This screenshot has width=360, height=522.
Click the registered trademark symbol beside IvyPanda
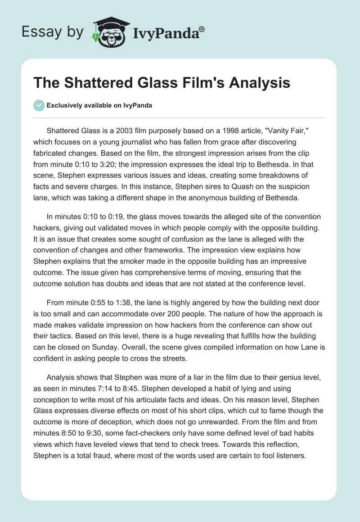pyautogui.click(x=202, y=29)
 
